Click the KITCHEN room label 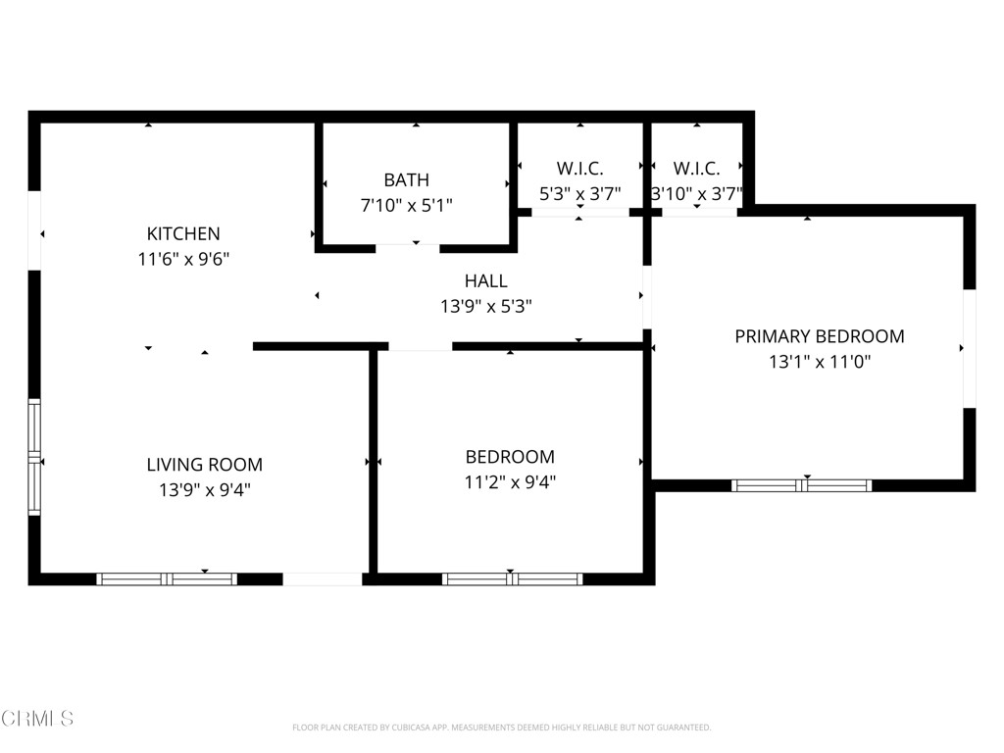[x=183, y=233]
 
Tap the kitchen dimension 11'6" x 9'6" [x=183, y=260]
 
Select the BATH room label [x=406, y=179]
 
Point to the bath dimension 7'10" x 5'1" [x=406, y=205]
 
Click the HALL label [x=485, y=281]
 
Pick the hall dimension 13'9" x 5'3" [x=485, y=307]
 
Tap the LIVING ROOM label [x=204, y=465]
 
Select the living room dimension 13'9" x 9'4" [x=204, y=490]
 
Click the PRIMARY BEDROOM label [x=820, y=336]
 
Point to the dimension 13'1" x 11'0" [x=820, y=362]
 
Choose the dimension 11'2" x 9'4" [x=509, y=482]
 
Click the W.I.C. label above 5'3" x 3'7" [x=579, y=169]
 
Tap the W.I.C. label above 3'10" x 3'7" [x=696, y=169]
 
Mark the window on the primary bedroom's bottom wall [x=802, y=485]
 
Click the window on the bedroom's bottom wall [x=513, y=579]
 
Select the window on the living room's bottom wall [x=167, y=579]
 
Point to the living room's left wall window [x=34, y=457]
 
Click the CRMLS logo [x=37, y=719]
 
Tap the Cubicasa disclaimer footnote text [x=501, y=728]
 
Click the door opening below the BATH [x=407, y=248]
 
